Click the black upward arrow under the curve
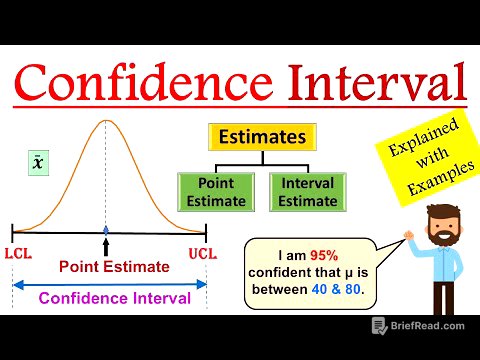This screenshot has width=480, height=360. [x=106, y=244]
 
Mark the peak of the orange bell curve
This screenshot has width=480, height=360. [x=106, y=121]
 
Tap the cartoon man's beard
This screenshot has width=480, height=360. [x=437, y=241]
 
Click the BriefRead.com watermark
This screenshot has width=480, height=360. [x=420, y=325]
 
